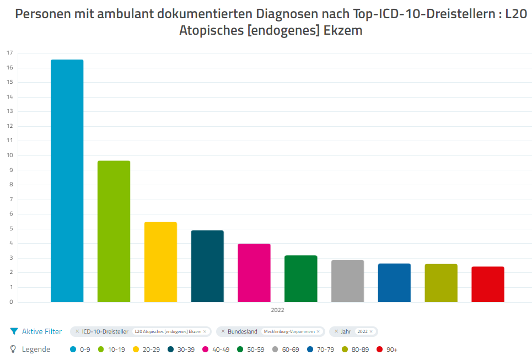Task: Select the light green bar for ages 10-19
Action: point(114,232)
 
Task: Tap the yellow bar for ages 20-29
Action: point(160,262)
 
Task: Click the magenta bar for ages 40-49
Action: point(254,273)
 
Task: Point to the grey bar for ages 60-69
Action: point(347,281)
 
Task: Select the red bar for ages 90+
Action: point(488,284)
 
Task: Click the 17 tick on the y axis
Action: point(9,53)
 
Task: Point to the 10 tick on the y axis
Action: point(9,155)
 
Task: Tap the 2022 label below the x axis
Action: point(277,310)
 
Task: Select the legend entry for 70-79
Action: point(321,350)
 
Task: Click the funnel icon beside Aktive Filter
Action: point(14,331)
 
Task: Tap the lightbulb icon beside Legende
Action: point(14,349)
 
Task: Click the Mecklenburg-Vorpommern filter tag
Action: point(289,332)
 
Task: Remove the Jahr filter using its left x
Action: point(336,331)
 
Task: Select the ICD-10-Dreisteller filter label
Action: point(105,332)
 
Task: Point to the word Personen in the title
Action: point(41,14)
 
